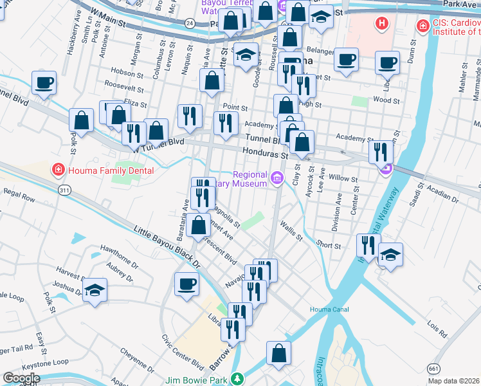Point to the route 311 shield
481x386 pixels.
point(64,190)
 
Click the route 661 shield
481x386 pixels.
point(434,367)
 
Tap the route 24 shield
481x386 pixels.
point(189,23)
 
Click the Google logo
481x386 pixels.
point(21,378)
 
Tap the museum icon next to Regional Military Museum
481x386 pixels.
point(277,178)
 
